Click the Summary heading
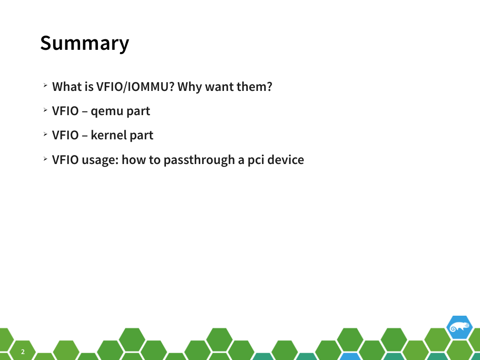click(85, 44)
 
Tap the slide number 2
click(23, 352)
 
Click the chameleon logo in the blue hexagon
click(459, 327)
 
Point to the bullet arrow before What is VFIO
click(45, 85)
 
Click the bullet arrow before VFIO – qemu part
click(45, 110)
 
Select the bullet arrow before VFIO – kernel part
click(45, 134)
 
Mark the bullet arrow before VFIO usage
click(45, 159)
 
